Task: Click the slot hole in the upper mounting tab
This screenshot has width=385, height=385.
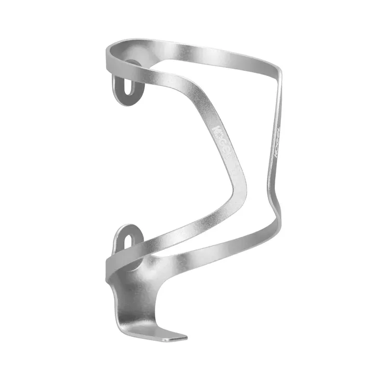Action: pyautogui.click(x=128, y=89)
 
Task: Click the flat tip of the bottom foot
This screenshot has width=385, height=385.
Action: pyautogui.click(x=174, y=337)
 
